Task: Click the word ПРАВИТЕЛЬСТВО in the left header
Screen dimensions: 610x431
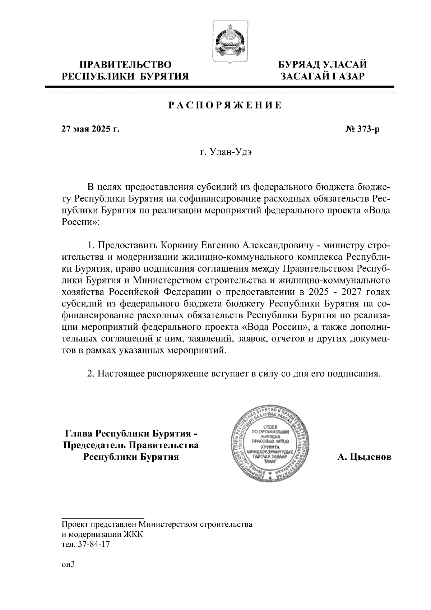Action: pos(125,65)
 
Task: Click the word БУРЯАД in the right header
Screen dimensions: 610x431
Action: pos(301,65)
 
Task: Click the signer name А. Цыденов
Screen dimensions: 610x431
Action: pos(364,457)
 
